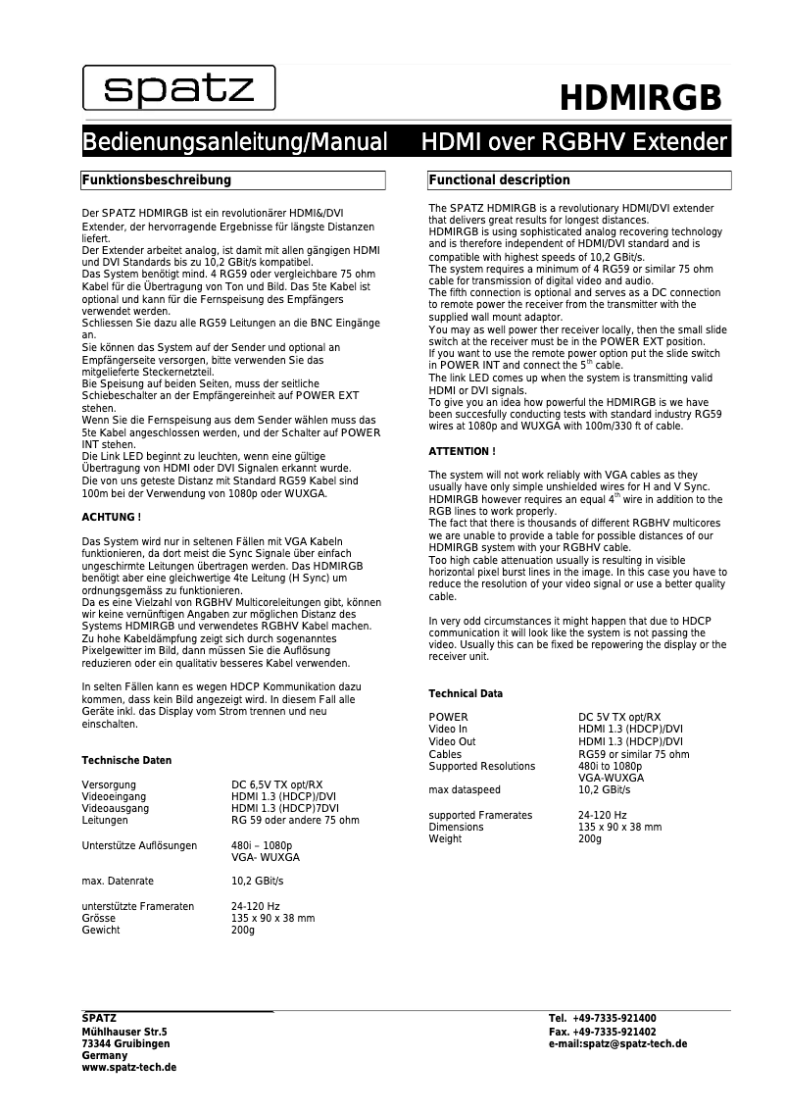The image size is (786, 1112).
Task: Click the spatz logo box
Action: pos(178,89)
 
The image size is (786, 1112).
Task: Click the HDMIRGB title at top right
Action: pos(641,99)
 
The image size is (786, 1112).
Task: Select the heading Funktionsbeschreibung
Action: pos(157,180)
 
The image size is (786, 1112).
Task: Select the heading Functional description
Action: pos(500,180)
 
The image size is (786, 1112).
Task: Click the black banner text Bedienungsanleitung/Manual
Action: pos(235,143)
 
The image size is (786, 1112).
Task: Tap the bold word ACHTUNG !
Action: pos(111,516)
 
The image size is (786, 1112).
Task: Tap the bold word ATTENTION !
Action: pos(462,451)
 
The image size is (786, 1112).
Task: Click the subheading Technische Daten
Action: pos(126,760)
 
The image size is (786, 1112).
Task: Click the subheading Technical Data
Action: pos(466,693)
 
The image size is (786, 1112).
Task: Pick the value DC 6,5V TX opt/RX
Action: pos(276,784)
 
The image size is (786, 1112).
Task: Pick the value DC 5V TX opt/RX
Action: pos(619,717)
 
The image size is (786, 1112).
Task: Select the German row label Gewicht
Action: pos(101,930)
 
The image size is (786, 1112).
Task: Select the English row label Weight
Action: pos(445,839)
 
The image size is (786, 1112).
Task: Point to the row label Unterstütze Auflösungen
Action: pos(139,845)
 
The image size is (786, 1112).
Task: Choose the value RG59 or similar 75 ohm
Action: pos(633,754)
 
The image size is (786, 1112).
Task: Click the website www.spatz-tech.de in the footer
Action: pos(128,1068)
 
